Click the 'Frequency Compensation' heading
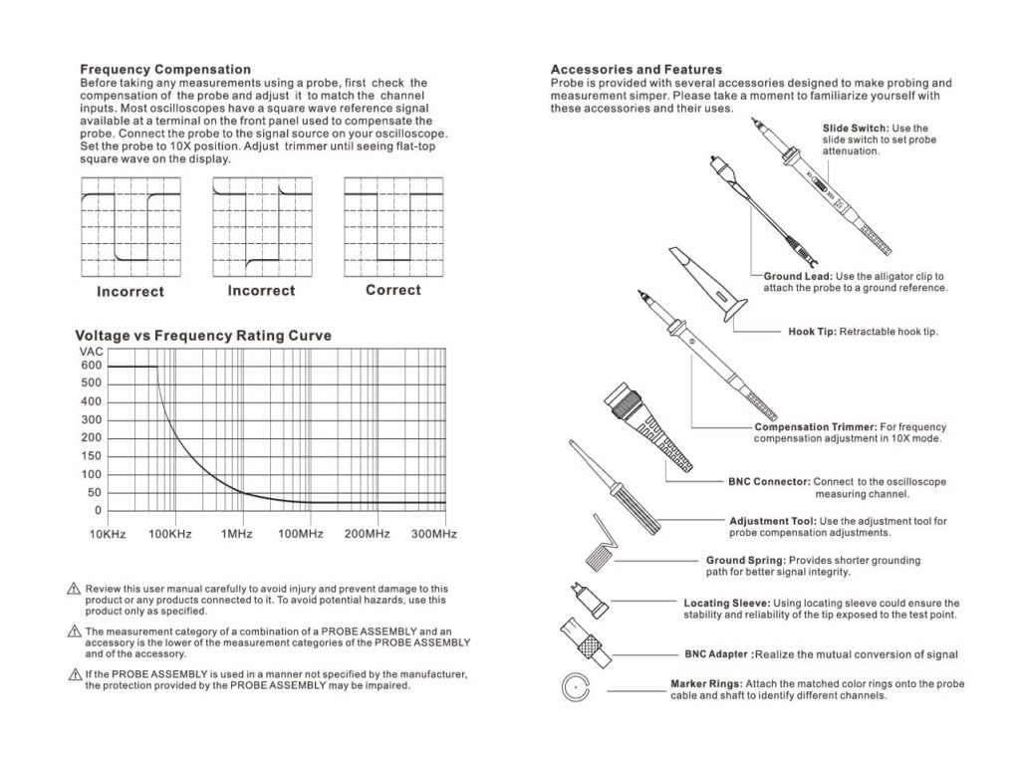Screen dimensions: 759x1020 (x=165, y=70)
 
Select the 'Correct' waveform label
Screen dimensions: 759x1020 (x=392, y=291)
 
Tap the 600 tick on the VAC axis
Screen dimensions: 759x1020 (x=91, y=367)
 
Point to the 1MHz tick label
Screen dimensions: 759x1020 (x=236, y=535)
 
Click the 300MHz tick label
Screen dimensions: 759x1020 (x=433, y=535)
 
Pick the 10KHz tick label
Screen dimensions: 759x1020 (x=108, y=535)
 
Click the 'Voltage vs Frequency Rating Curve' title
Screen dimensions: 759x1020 (x=203, y=336)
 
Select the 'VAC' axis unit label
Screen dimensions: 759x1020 (x=91, y=352)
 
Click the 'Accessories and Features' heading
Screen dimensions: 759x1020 (x=637, y=70)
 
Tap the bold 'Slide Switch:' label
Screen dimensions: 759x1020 (x=856, y=128)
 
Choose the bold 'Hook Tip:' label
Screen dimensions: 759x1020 (x=812, y=332)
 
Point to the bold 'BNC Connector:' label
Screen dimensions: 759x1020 (x=770, y=482)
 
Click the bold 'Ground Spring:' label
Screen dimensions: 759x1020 (x=744, y=561)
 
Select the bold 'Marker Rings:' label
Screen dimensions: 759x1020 (x=706, y=684)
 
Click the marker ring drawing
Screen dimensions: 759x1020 (x=576, y=688)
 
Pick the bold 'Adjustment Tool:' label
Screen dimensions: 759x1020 (x=773, y=521)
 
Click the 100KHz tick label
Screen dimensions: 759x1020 (x=170, y=535)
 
